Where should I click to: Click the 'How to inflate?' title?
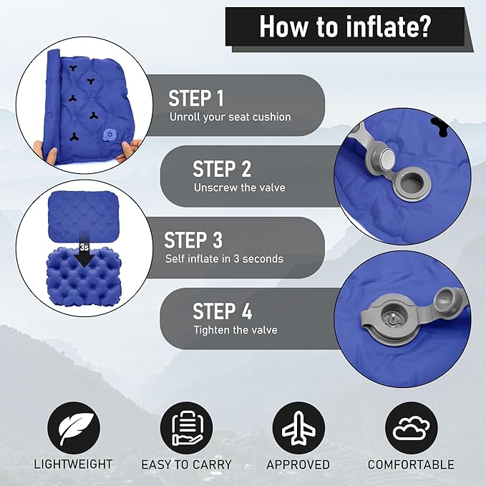345,27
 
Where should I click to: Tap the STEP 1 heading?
196,98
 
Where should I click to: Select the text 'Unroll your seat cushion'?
230,117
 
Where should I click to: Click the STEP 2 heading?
222,169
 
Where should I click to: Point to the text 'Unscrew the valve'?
239,188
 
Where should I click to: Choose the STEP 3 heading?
193,240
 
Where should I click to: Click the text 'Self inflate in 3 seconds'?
224,258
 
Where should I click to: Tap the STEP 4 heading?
222,311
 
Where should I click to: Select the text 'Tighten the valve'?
235,330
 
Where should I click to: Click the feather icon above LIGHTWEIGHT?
74,428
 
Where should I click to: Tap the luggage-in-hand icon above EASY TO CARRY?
186,428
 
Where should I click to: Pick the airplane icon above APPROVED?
298,428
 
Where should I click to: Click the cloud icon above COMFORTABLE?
412,428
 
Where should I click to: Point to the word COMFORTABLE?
411,465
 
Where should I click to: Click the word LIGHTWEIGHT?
73,465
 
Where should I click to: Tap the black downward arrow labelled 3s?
84,251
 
